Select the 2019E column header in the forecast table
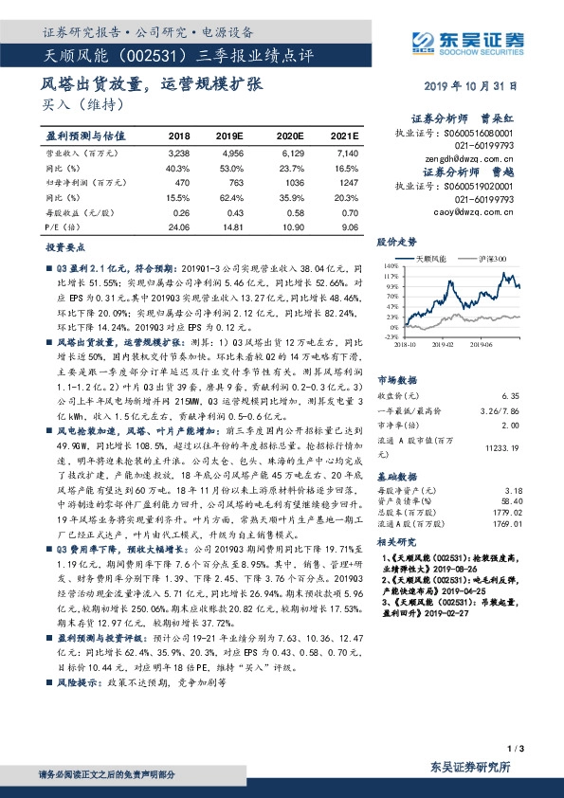[x=230, y=136]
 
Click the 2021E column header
[x=345, y=136]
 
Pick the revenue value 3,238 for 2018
[x=178, y=152]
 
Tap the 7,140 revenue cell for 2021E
[x=348, y=152]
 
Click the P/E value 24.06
[x=178, y=227]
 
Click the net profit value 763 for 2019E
[x=233, y=182]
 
